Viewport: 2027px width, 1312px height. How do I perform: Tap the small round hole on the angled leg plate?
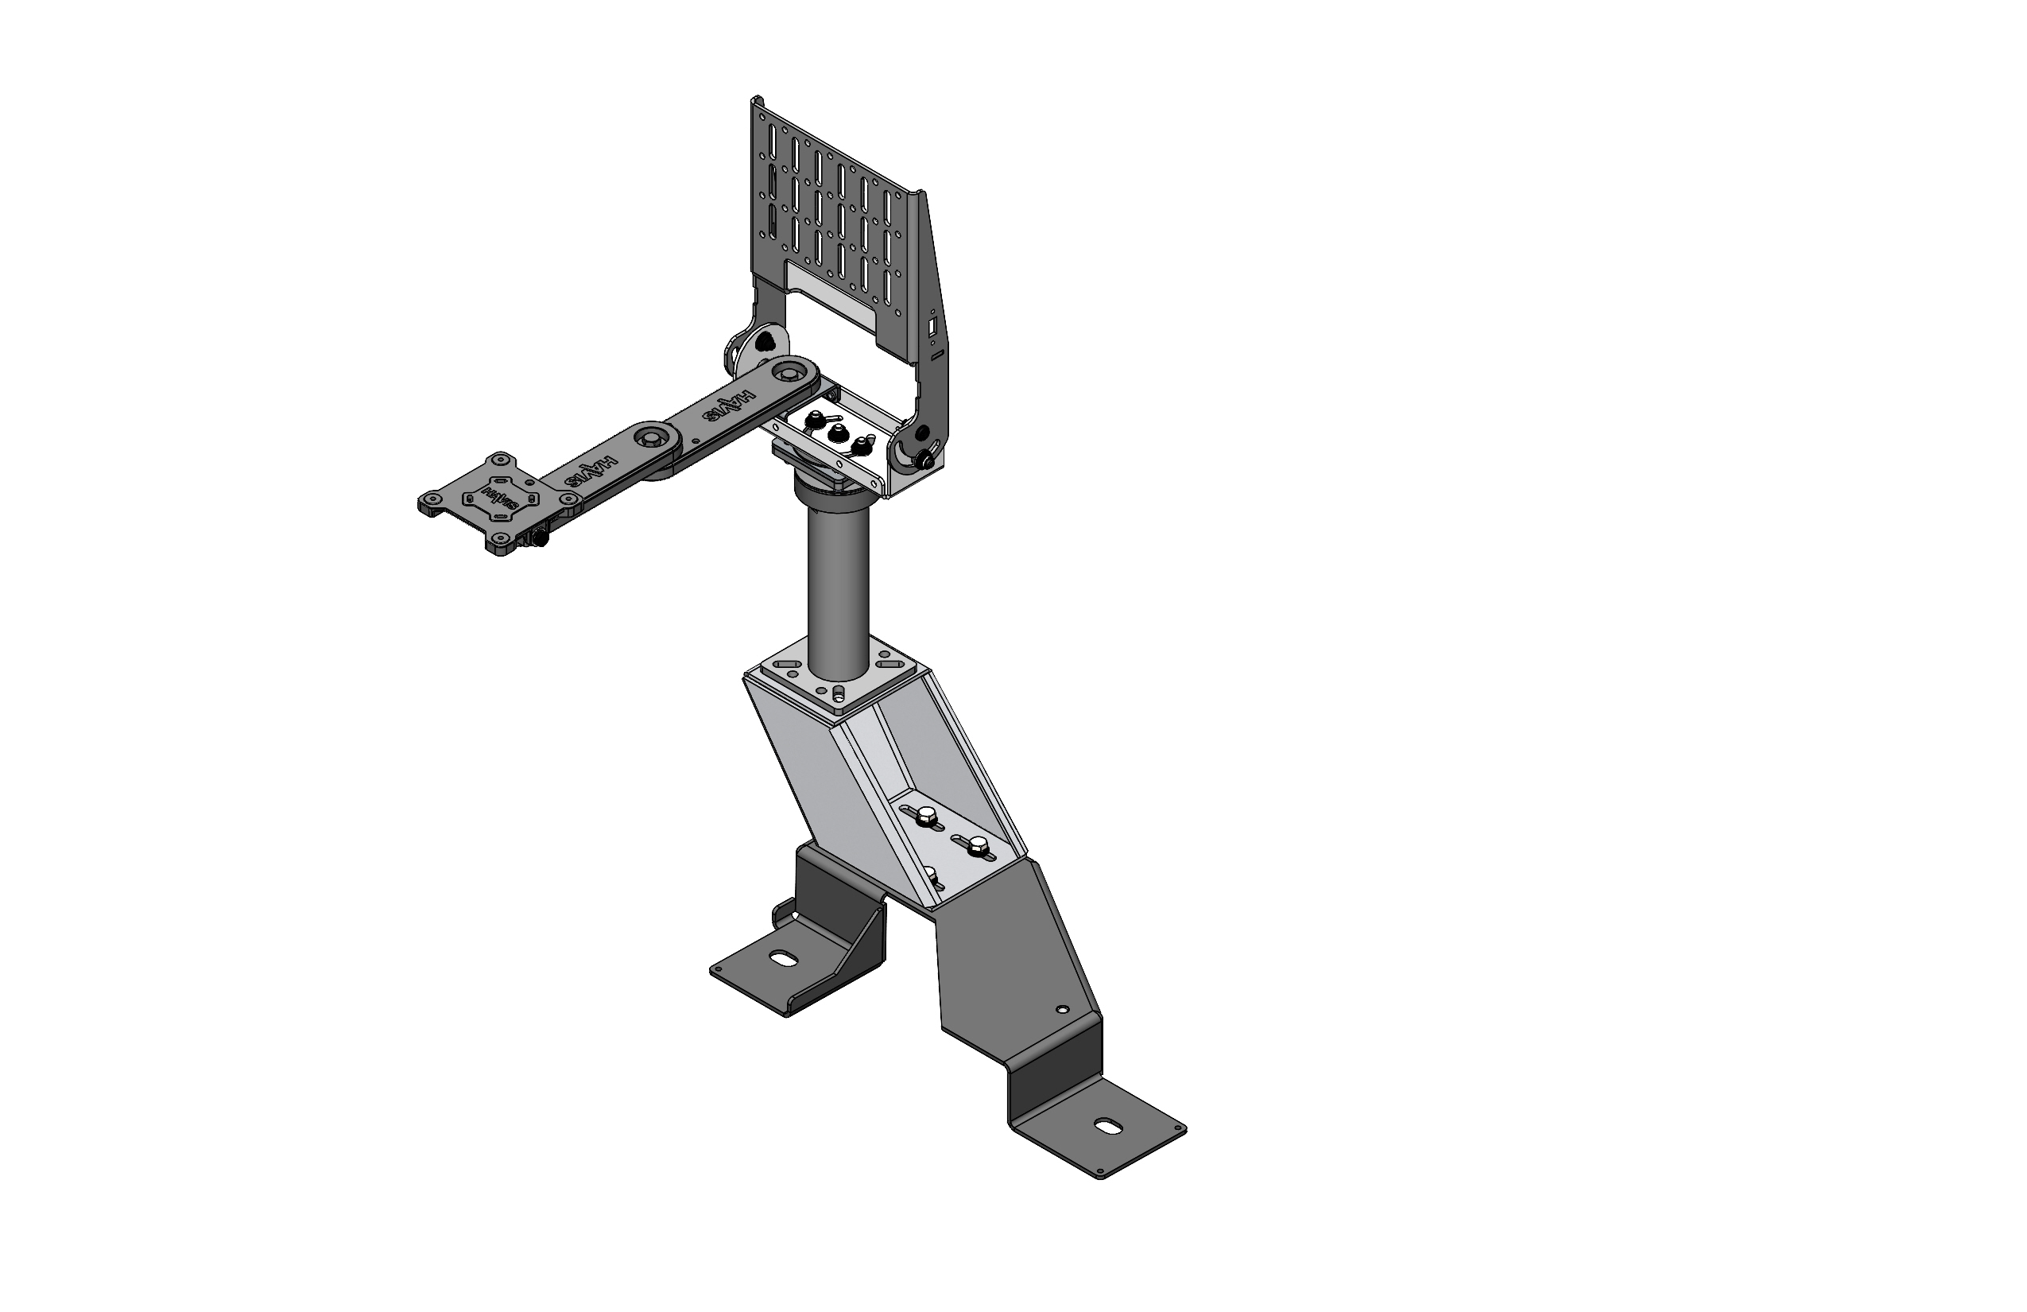[x=1060, y=1010]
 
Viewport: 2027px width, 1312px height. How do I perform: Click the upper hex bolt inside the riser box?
[x=926, y=818]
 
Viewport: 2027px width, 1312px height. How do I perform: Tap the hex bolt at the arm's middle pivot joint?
[x=652, y=438]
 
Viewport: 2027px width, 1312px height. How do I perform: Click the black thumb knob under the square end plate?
[x=539, y=539]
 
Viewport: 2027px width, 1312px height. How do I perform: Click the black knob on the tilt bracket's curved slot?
[x=924, y=461]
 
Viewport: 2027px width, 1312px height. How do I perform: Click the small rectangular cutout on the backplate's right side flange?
[x=932, y=327]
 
